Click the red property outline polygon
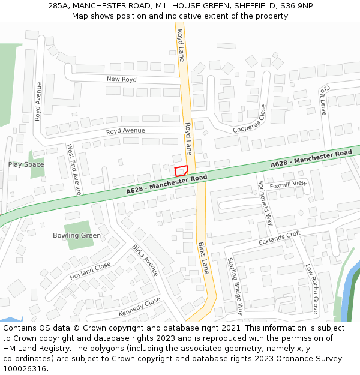tap(181, 171)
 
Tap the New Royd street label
tap(122, 79)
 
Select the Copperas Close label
tap(250, 120)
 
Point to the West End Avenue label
tap(74, 169)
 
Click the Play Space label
tap(26, 164)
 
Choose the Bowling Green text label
tap(77, 235)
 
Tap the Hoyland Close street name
tap(90, 271)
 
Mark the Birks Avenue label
tap(145, 260)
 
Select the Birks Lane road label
tap(203, 258)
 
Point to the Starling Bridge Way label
tap(235, 286)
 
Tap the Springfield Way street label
tap(265, 202)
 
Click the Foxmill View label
tap(288, 185)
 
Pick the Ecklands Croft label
tap(280, 238)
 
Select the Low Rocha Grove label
tap(311, 288)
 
